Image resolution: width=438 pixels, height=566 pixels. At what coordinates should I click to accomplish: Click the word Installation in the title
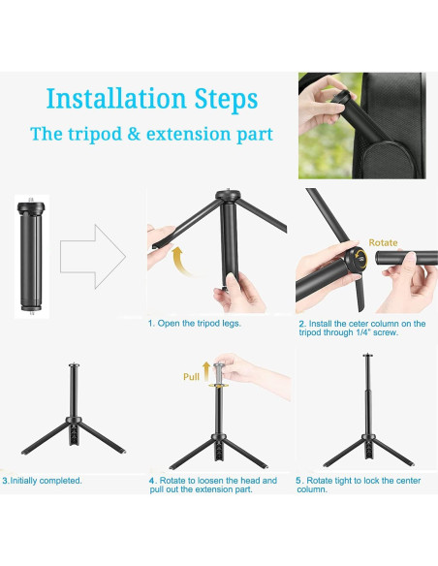116,98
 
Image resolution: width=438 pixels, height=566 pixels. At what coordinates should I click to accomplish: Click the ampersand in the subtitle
134,134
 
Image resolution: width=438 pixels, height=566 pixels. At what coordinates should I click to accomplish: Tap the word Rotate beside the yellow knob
383,242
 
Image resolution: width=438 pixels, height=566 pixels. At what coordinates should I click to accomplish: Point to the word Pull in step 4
191,377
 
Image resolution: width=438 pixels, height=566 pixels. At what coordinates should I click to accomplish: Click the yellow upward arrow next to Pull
206,371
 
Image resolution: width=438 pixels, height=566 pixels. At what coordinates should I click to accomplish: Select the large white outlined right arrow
93,257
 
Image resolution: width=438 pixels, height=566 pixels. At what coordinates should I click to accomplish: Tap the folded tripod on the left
31,256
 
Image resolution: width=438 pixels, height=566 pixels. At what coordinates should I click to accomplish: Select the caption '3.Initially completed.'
43,481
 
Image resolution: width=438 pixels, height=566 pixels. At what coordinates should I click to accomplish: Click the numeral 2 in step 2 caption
301,324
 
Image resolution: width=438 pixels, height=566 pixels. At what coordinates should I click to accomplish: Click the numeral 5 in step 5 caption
298,481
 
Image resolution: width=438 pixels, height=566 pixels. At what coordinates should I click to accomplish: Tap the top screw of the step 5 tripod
367,356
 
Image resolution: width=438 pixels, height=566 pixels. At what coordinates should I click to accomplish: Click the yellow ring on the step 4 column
219,386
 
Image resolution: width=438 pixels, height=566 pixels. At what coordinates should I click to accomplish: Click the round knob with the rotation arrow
356,259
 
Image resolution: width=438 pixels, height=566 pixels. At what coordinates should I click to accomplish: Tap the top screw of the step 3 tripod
74,364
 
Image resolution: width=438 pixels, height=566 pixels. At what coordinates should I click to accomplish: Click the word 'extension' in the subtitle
189,134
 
